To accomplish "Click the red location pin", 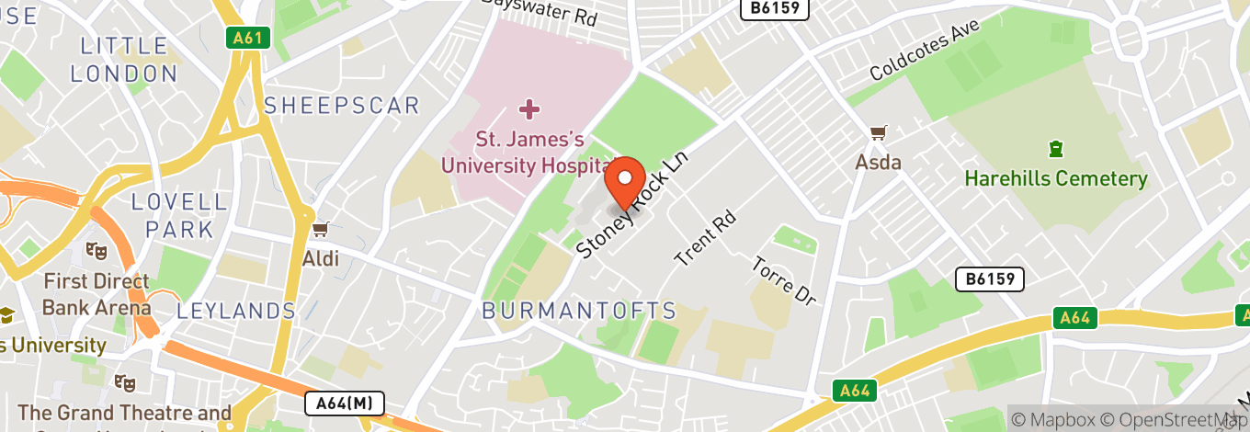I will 627,182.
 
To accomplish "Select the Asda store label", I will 878,163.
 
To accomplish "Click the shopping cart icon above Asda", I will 878,133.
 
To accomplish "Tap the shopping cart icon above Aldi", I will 320,229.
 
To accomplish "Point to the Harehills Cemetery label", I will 1056,178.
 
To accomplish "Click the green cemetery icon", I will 1056,148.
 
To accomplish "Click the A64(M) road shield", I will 344,404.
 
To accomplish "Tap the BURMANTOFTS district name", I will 579,312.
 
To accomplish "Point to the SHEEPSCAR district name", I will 342,106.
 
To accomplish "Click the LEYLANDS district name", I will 236,312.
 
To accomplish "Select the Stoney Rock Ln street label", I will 631,205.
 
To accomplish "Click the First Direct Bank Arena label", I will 97,295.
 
